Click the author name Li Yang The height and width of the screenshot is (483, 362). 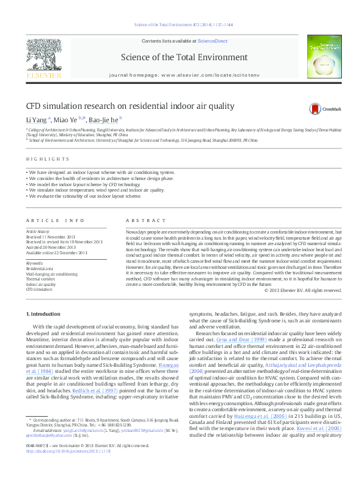37,120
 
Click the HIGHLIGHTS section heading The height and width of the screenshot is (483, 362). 47,159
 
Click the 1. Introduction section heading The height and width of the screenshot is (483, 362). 45,313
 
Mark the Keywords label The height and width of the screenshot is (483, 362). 34,263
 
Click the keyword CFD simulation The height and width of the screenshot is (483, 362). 40,289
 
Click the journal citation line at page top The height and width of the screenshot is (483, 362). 181,26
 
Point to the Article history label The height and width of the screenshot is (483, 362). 37,232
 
